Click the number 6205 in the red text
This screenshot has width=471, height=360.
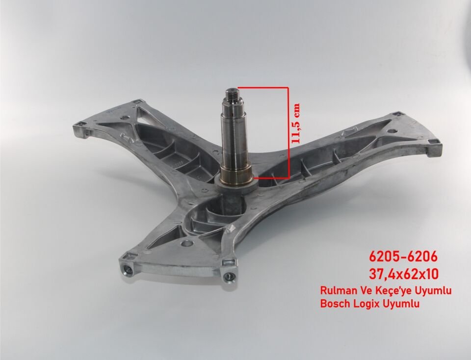(x=384, y=257)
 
